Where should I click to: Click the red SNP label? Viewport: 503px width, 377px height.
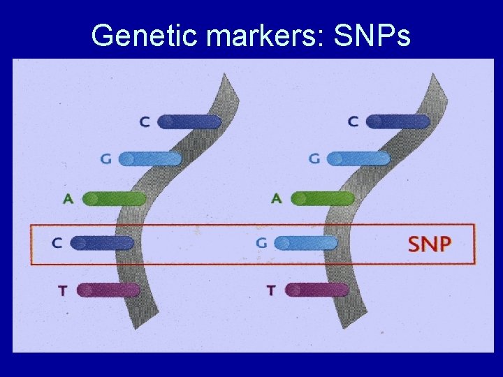coord(429,244)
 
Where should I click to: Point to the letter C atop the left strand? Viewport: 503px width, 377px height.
coord(145,122)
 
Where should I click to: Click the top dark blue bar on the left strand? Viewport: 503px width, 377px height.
coord(189,122)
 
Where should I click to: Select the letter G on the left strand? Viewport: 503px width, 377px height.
coord(106,159)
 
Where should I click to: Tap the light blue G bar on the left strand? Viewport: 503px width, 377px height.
coord(150,159)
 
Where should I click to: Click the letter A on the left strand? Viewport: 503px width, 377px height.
coord(68,199)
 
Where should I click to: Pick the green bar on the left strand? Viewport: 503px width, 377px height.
coord(114,199)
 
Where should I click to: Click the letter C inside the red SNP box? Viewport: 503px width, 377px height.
coord(57,244)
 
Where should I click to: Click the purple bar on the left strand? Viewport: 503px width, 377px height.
coord(108,290)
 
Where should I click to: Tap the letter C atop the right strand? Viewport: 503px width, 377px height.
coord(353,122)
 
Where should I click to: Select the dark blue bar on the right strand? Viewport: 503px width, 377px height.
coord(398,122)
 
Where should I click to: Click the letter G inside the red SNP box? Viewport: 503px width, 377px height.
coord(262,244)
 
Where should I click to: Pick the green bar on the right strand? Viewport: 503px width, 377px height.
coord(322,199)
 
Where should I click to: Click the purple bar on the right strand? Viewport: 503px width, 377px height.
coord(316,290)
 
